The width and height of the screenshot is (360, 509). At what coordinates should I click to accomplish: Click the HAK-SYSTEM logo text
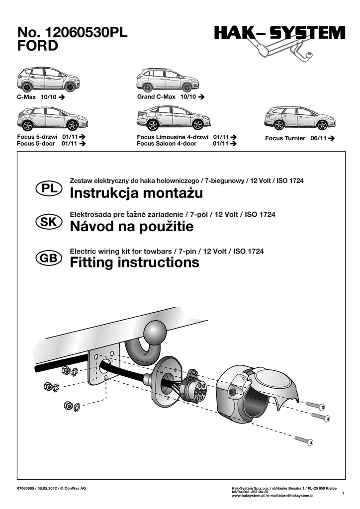pyautogui.click(x=279, y=34)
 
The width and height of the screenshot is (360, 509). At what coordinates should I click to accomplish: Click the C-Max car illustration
pyautogui.click(x=48, y=79)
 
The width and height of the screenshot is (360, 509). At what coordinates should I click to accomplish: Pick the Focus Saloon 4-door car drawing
pyautogui.click(x=173, y=118)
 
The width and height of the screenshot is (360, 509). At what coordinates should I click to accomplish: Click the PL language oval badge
pyautogui.click(x=49, y=189)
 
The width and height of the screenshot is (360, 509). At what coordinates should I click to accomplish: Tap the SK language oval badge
pyautogui.click(x=49, y=223)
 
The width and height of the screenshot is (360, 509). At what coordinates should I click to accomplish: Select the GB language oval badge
pyautogui.click(x=49, y=257)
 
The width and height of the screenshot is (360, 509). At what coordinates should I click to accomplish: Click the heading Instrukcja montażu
pyautogui.click(x=136, y=192)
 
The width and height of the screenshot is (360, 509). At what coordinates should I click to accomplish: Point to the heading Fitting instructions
pyautogui.click(x=134, y=262)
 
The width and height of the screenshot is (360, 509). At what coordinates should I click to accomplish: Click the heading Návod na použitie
pyautogui.click(x=132, y=227)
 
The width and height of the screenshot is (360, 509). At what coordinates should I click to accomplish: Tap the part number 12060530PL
pyautogui.click(x=87, y=33)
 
